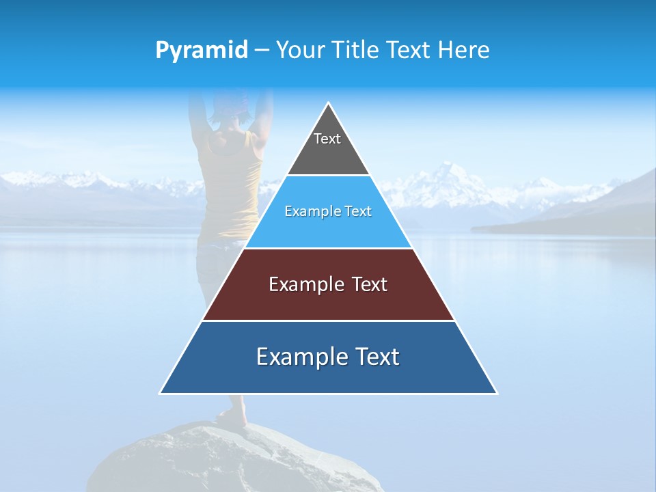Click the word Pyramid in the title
[202, 51]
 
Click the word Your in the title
[301, 51]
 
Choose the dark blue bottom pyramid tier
[328, 376]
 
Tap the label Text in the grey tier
[327, 139]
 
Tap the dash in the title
[262, 51]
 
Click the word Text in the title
[406, 51]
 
